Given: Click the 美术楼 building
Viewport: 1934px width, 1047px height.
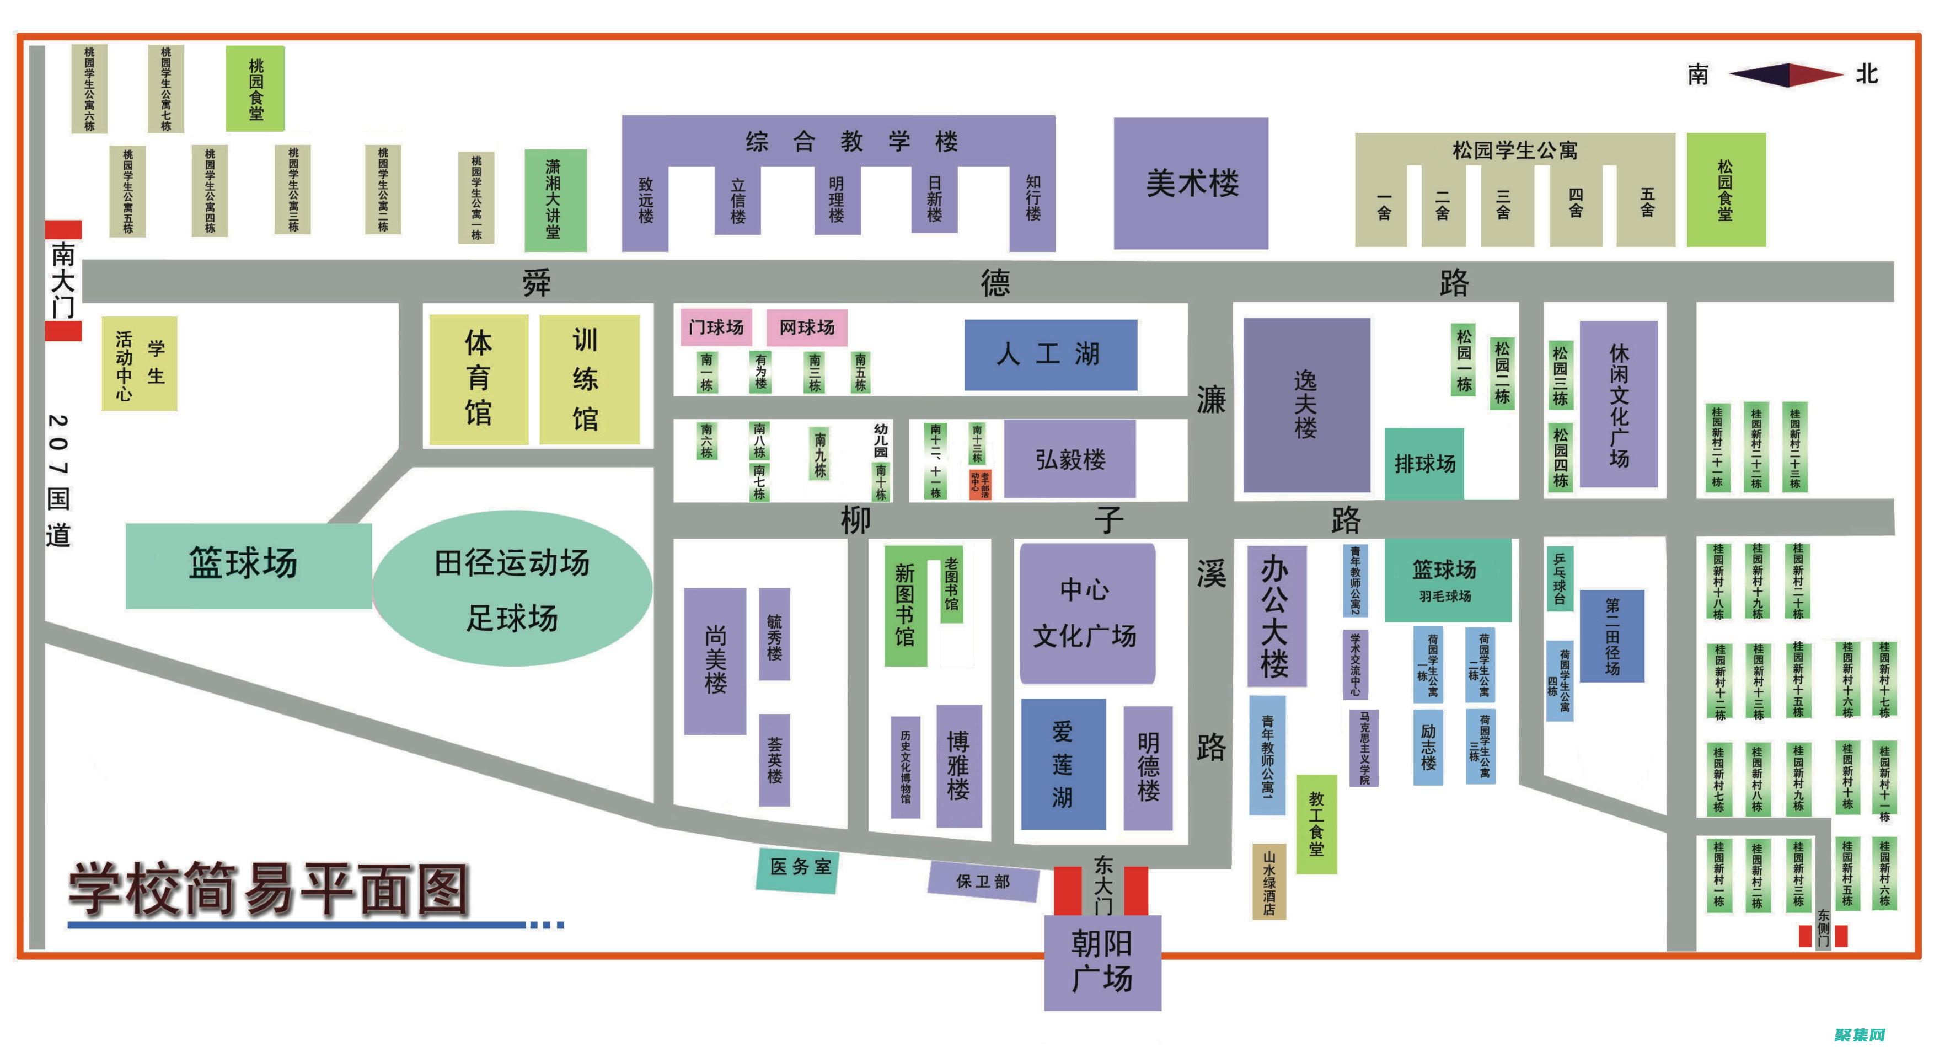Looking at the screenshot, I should pyautogui.click(x=1191, y=183).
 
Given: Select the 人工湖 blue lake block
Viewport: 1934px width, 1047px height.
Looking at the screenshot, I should pyautogui.click(x=1049, y=355).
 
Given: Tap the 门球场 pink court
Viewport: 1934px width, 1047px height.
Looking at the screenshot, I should pyautogui.click(x=715, y=327).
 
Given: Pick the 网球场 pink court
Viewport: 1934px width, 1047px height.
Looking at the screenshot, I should pyautogui.click(x=806, y=327).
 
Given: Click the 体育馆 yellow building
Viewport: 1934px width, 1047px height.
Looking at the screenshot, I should pyautogui.click(x=478, y=378).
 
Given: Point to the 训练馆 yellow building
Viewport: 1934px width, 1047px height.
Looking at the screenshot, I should pyautogui.click(x=588, y=378).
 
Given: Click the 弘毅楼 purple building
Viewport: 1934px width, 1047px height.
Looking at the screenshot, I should pyautogui.click(x=1069, y=459).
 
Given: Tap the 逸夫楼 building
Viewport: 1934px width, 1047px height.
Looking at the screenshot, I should pyautogui.click(x=1306, y=405).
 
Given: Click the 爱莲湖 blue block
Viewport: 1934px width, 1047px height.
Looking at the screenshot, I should pyautogui.click(x=1062, y=764).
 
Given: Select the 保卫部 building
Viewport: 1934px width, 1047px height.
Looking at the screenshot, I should pyautogui.click(x=983, y=881).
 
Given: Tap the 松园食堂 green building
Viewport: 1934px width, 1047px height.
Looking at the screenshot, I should pyautogui.click(x=1726, y=190).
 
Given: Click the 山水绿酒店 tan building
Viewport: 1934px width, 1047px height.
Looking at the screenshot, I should pyautogui.click(x=1269, y=882).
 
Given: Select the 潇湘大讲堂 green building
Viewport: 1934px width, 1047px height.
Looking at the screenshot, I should pyautogui.click(x=554, y=200).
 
